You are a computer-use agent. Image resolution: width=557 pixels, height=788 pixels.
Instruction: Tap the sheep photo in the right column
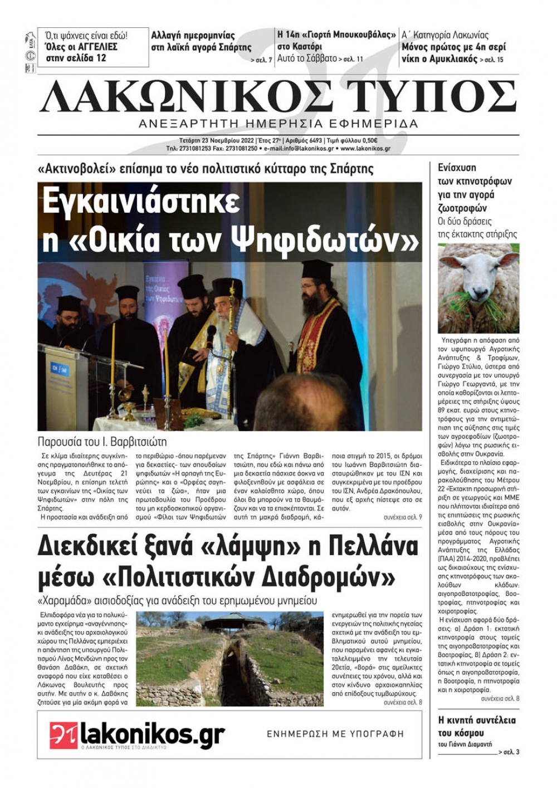(x=478, y=288)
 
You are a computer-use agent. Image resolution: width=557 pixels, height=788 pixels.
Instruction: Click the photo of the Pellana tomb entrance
(x=230, y=659)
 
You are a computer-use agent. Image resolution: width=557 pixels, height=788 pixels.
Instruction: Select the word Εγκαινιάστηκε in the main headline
(x=141, y=202)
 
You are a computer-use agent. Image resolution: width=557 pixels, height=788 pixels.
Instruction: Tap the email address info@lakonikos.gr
(x=299, y=149)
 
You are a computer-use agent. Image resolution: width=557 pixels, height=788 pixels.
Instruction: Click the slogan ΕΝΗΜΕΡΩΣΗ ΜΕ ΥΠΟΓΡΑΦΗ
(x=335, y=733)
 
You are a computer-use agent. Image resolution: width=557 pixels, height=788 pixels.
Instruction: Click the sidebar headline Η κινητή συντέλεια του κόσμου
(x=477, y=726)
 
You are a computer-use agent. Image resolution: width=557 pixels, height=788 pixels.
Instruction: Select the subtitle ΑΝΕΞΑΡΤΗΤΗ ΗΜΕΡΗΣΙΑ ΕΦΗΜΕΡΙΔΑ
(x=278, y=123)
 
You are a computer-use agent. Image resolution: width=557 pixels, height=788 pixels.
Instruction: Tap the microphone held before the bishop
(x=211, y=333)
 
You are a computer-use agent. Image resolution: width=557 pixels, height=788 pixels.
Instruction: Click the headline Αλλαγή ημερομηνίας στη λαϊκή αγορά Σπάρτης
(x=201, y=41)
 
